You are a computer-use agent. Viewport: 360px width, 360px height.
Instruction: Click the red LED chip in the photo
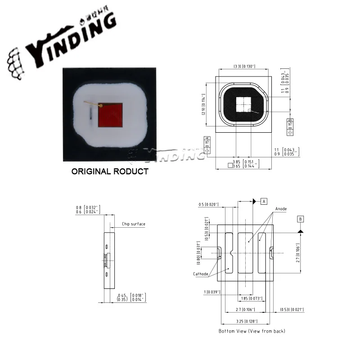pos(111,115)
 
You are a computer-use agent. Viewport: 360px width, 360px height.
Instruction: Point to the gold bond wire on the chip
pos(93,104)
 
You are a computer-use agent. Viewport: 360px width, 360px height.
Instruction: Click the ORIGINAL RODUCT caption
pos(110,171)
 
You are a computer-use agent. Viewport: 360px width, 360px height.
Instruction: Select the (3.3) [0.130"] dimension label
pos(244,67)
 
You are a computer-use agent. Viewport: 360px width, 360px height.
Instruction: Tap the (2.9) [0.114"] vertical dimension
pos(203,104)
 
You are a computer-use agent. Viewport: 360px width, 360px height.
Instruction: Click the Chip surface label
pos(134,224)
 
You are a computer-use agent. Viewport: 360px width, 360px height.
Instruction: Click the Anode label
pos(281,209)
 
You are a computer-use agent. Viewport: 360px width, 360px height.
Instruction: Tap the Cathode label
pos(201,274)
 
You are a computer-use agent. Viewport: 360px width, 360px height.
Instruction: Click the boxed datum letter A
pos(264,201)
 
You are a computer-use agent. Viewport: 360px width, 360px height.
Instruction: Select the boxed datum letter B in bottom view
pos(300,219)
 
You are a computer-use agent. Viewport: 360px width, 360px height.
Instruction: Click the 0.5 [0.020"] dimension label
pos(209,204)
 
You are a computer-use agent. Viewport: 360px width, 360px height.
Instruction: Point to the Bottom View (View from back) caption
pos(252,331)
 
